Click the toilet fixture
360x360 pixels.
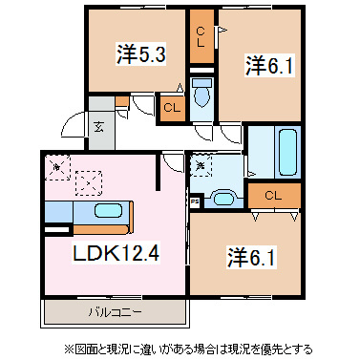202,96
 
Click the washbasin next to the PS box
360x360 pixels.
222,199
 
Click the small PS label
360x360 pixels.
195,201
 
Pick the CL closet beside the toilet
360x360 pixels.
172,108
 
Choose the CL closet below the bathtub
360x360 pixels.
273,196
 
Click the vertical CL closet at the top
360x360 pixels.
201,37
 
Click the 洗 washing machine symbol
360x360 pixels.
201,166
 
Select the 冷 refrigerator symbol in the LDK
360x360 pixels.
57,167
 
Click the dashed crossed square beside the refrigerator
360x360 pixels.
89,179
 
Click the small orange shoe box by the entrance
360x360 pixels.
121,102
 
